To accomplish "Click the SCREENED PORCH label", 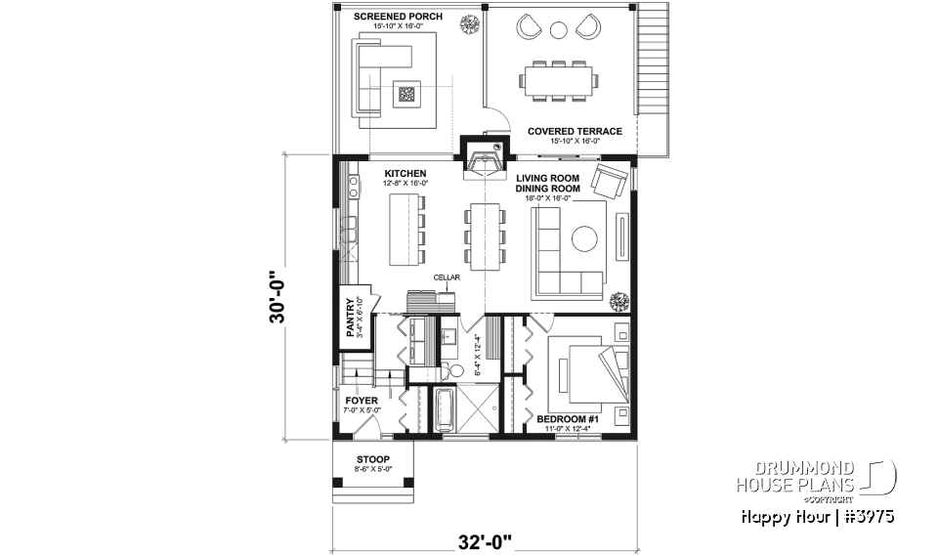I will [x=398, y=17].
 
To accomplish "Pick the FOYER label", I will [x=361, y=401].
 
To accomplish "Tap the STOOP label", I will [x=373, y=459].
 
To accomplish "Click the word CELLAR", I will [x=448, y=277].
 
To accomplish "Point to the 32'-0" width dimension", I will [x=483, y=539].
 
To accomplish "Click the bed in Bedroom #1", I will [x=584, y=374].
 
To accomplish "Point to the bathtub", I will [x=442, y=409].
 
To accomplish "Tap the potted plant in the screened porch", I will [x=474, y=21].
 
